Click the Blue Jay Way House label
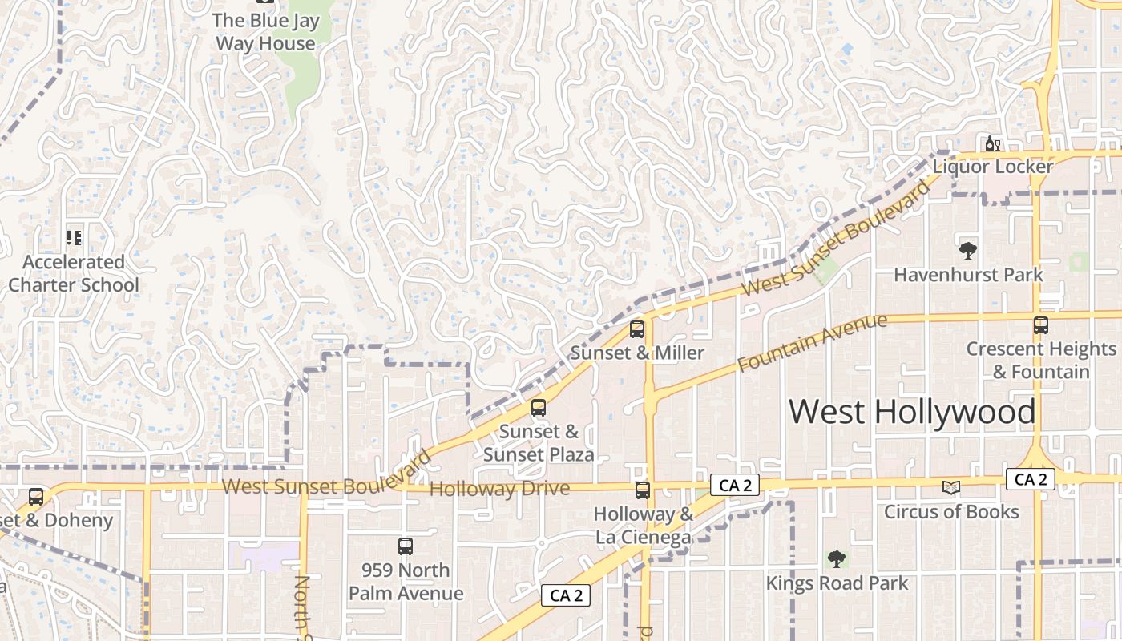[x=265, y=32]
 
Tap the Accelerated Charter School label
[x=74, y=273]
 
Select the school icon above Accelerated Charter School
[x=74, y=237]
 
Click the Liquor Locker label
[x=992, y=167]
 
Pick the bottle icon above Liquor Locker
[x=992, y=144]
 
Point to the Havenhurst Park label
[x=968, y=275]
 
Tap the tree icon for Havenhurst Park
[x=968, y=250]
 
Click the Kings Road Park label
[x=837, y=583]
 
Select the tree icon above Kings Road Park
[x=837, y=558]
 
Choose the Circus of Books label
[x=951, y=511]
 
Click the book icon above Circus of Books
[x=951, y=487]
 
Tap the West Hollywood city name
[x=912, y=412]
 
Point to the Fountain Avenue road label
[x=812, y=343]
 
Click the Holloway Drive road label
[x=500, y=489]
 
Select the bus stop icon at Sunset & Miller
[x=637, y=329]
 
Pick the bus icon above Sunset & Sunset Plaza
[x=539, y=407]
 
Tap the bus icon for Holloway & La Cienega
[x=643, y=490]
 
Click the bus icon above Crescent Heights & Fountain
[x=1040, y=325]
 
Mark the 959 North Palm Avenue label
[x=406, y=582]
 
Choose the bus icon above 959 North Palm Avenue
[x=406, y=546]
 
